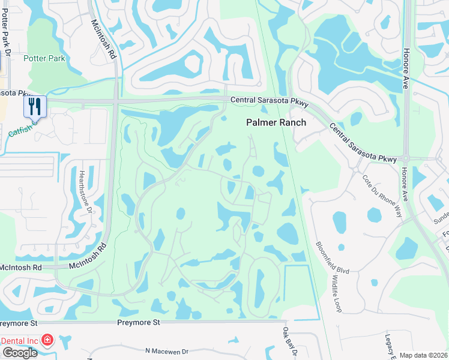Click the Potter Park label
44,58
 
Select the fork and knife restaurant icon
35,107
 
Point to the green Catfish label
19,127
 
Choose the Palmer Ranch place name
276,122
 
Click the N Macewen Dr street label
166,351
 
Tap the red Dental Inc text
19,341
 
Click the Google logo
19,353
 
